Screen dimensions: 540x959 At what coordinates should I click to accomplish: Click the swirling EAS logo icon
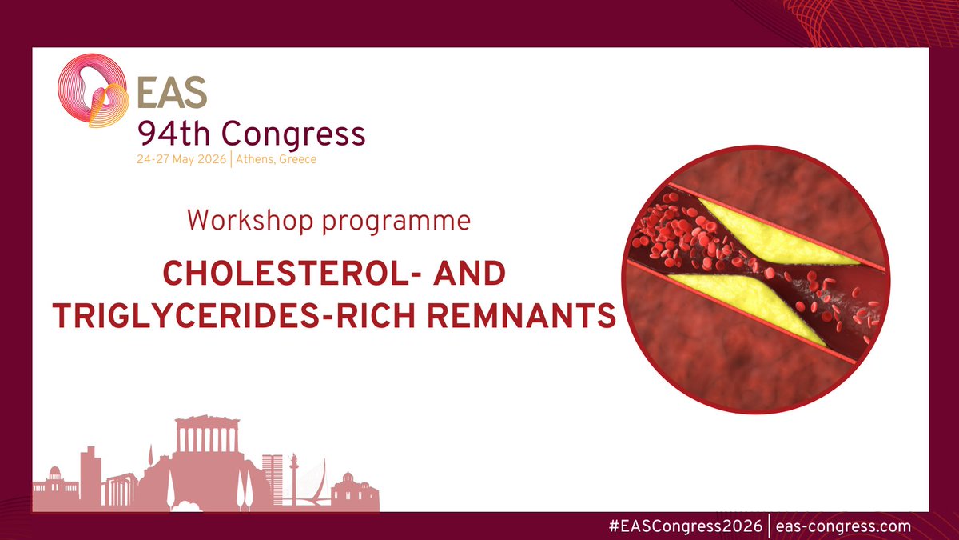[x=93, y=92]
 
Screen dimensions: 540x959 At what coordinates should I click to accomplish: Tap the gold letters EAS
[x=171, y=94]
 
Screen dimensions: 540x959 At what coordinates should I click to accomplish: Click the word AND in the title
[x=471, y=274]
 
